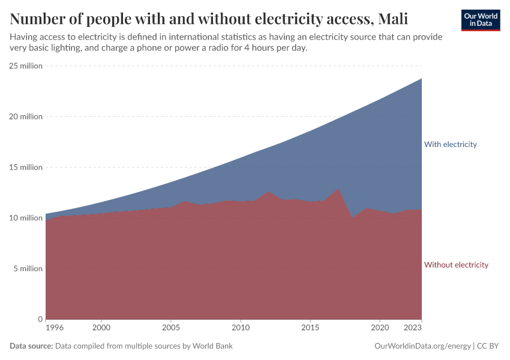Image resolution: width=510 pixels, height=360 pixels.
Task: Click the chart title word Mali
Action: pyautogui.click(x=393, y=19)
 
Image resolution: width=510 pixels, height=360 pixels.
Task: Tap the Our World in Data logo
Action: pyautogui.click(x=480, y=20)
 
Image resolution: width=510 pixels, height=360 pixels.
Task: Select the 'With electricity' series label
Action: pyautogui.click(x=450, y=144)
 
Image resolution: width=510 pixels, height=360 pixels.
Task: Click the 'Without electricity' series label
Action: pyautogui.click(x=456, y=265)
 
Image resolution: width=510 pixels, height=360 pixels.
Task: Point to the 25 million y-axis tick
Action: pyautogui.click(x=26, y=66)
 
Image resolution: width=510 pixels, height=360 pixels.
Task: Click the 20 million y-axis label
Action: pyautogui.click(x=26, y=116)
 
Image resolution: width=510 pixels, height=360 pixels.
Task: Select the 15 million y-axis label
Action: pyautogui.click(x=26, y=167)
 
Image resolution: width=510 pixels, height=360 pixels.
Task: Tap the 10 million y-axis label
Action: pyautogui.click(x=26, y=218)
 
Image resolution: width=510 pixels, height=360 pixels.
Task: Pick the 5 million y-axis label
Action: pyautogui.click(x=28, y=269)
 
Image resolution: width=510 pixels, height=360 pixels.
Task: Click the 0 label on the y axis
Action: pyautogui.click(x=40, y=319)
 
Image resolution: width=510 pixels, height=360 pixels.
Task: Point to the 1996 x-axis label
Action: pyautogui.click(x=54, y=328)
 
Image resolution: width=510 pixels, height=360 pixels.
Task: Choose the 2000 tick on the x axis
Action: pyautogui.click(x=101, y=328)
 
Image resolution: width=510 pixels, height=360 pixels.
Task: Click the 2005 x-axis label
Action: pyautogui.click(x=171, y=328)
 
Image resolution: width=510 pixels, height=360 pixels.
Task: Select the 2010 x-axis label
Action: pyautogui.click(x=241, y=328)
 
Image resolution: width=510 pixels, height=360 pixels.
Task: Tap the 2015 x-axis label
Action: pyautogui.click(x=310, y=328)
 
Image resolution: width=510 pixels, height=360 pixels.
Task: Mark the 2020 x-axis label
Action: pyautogui.click(x=380, y=328)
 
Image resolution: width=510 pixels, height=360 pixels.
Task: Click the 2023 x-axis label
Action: pyautogui.click(x=413, y=328)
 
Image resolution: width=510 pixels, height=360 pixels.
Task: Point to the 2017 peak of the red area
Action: pyautogui.click(x=338, y=190)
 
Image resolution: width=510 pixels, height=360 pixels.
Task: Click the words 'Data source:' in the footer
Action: pyautogui.click(x=31, y=346)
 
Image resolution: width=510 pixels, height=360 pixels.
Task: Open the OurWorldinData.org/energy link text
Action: pyautogui.click(x=422, y=346)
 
